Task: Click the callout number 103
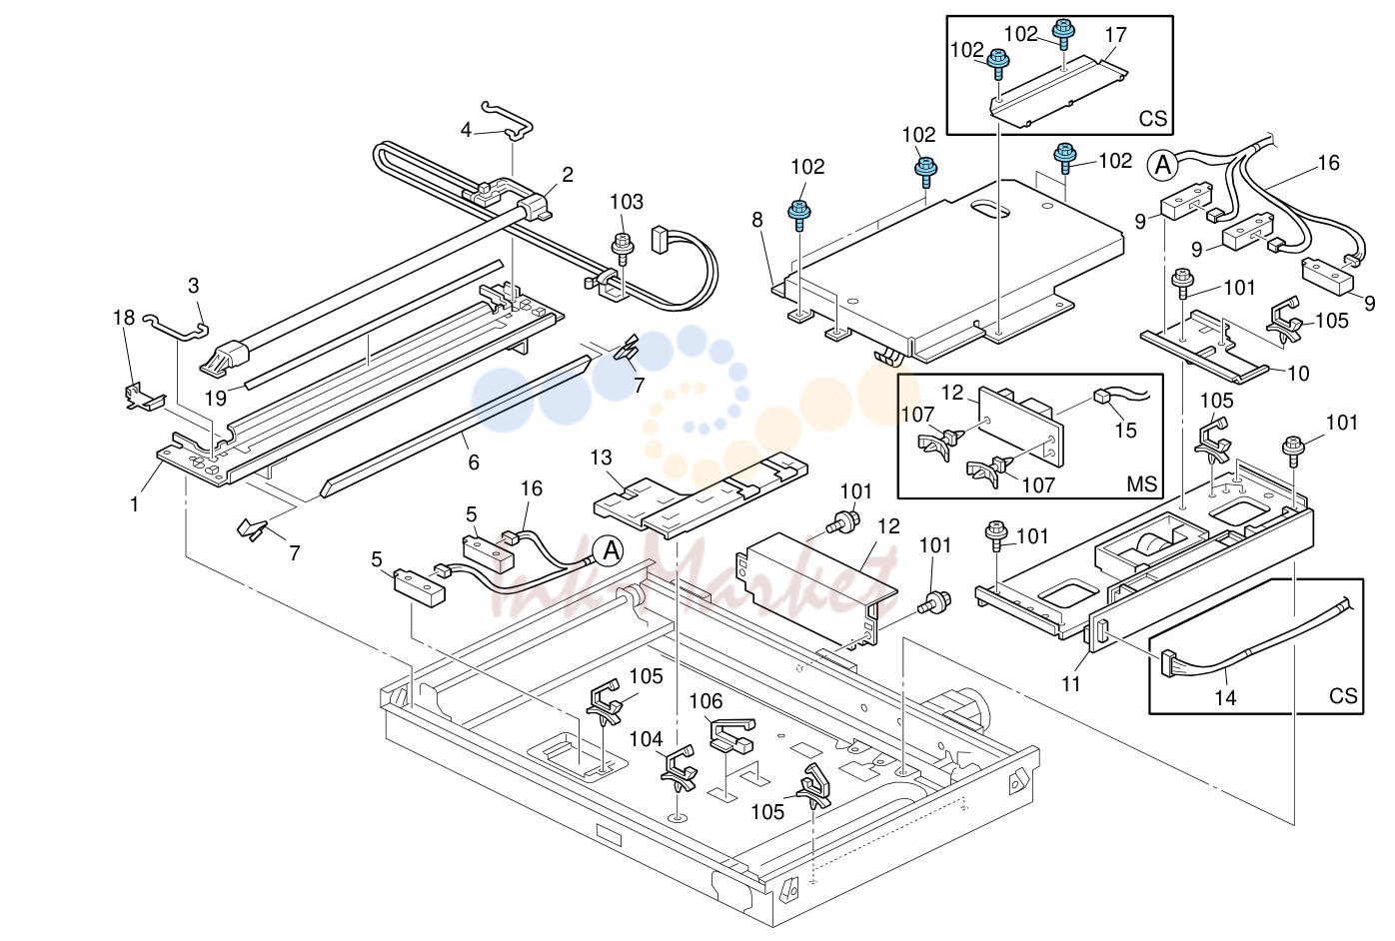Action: (x=627, y=202)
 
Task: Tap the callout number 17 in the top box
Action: (x=1116, y=35)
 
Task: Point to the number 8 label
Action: (x=757, y=220)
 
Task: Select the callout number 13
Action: (x=601, y=459)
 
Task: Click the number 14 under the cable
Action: (x=1225, y=697)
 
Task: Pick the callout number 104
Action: (x=646, y=739)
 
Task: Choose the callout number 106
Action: (x=705, y=701)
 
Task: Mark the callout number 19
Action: (x=216, y=398)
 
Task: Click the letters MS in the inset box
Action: (x=1141, y=483)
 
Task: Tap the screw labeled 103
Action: (x=623, y=250)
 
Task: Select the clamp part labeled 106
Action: (x=732, y=734)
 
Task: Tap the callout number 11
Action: (x=1070, y=684)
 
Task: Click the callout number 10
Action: (x=1298, y=374)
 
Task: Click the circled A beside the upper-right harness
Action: (x=1163, y=166)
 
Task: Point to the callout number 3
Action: (x=194, y=286)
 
